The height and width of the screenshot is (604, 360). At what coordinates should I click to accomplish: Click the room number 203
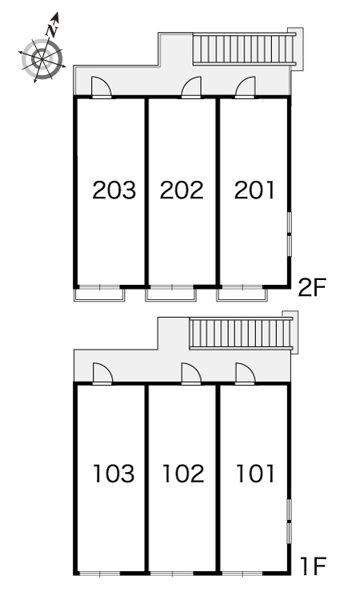pyautogui.click(x=114, y=190)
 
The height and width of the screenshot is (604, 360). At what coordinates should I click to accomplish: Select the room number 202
pyautogui.click(x=182, y=190)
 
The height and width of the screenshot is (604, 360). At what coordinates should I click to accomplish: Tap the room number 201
pyautogui.click(x=254, y=190)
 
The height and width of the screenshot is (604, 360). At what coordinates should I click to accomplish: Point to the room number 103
pyautogui.click(x=114, y=474)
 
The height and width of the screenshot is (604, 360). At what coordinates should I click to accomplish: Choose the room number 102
pyautogui.click(x=183, y=474)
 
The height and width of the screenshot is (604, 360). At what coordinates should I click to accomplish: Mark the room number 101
pyautogui.click(x=255, y=474)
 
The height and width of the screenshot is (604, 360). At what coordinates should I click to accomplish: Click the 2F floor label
pyautogui.click(x=311, y=288)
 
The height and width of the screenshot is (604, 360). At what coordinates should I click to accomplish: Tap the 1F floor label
pyautogui.click(x=314, y=566)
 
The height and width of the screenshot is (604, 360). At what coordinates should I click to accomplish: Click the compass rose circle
pyautogui.click(x=42, y=59)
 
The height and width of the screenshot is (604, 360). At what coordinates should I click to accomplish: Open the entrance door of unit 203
pyautogui.click(x=102, y=87)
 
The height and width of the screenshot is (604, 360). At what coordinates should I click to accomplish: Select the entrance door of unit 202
pyautogui.click(x=191, y=87)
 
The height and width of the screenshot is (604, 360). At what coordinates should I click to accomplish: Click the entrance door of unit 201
pyautogui.click(x=246, y=87)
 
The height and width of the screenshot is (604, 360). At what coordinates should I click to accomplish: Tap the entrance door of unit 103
pyautogui.click(x=102, y=374)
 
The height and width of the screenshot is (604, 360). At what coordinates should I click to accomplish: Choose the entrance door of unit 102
pyautogui.click(x=191, y=374)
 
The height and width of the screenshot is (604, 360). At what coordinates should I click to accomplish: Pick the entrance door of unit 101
pyautogui.click(x=246, y=374)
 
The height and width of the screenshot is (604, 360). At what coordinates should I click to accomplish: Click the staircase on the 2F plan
pyautogui.click(x=244, y=49)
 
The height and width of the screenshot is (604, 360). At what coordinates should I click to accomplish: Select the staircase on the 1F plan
pyautogui.click(x=241, y=334)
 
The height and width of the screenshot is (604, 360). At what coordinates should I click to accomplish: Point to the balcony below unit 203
pyautogui.click(x=99, y=294)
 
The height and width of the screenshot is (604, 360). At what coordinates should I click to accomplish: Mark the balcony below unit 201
pyautogui.click(x=242, y=294)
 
